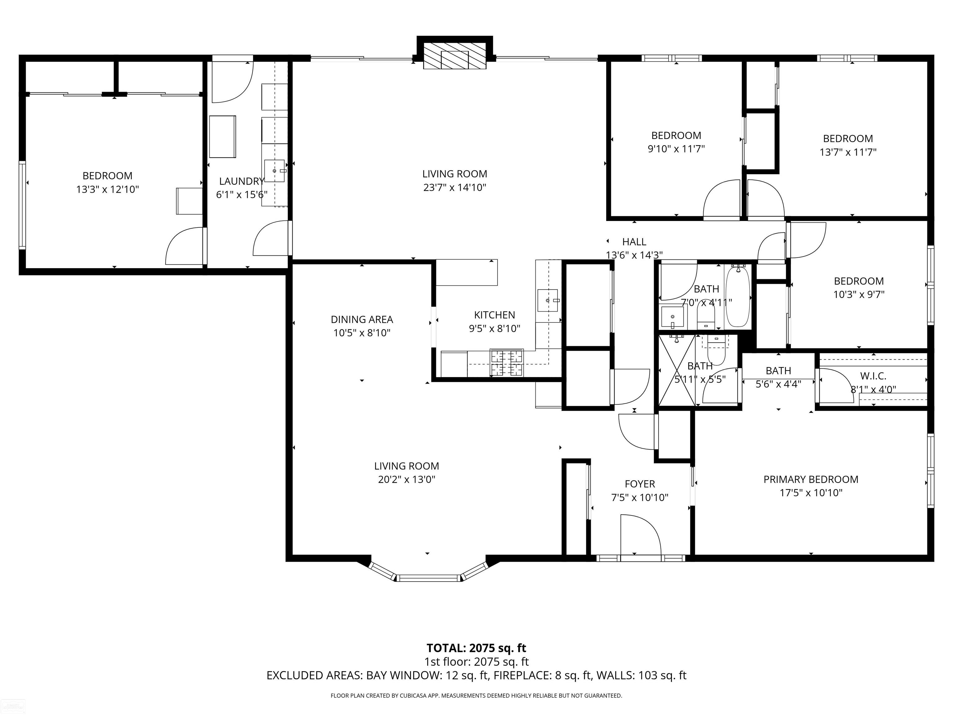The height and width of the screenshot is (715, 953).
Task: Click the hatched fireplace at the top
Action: (x=454, y=56)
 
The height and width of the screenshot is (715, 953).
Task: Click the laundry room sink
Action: (x=275, y=171)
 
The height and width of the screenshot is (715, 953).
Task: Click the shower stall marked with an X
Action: (x=677, y=370)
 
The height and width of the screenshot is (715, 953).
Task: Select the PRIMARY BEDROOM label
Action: (x=811, y=479)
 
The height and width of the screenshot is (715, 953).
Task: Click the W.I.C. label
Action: (x=873, y=376)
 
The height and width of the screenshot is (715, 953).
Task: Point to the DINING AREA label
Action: (x=362, y=319)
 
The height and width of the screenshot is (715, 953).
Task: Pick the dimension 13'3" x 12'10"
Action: (x=107, y=189)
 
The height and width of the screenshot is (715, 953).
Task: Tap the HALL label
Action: (x=634, y=242)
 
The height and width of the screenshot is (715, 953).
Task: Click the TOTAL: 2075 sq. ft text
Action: (x=476, y=648)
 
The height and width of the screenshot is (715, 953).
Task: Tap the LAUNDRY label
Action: (x=241, y=181)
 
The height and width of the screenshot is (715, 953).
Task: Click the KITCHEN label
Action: (x=494, y=315)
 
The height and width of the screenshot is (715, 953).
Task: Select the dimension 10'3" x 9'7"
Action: (x=859, y=295)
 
